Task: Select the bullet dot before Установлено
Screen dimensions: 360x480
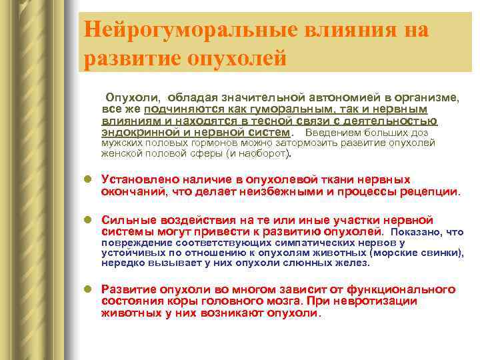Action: pyautogui.click(x=87, y=180)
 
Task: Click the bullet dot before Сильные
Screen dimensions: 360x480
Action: pyautogui.click(x=87, y=220)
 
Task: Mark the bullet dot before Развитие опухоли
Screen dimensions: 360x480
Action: pyautogui.click(x=87, y=289)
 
